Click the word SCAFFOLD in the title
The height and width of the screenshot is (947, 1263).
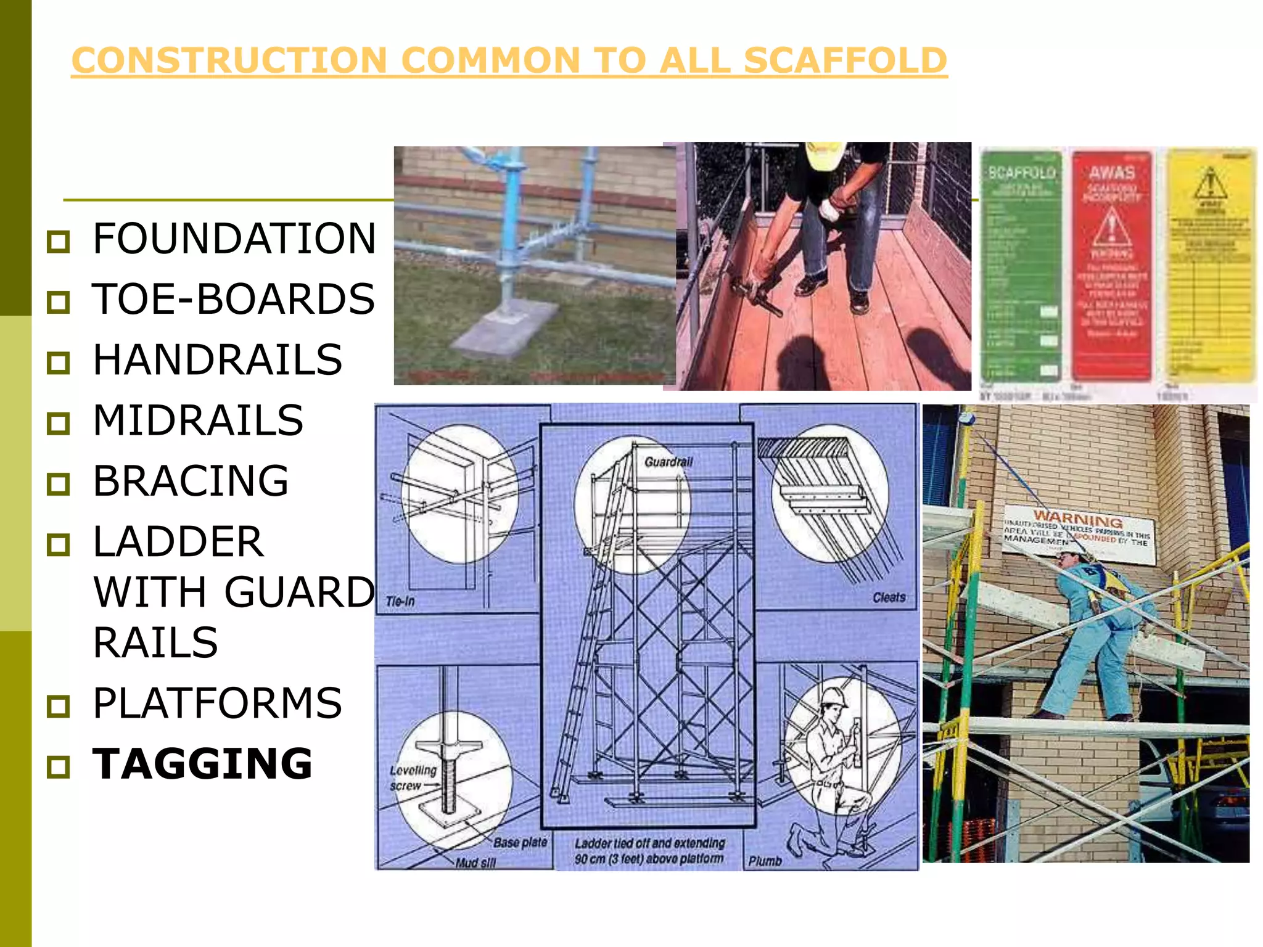(845, 60)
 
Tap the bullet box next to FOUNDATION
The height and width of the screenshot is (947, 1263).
(59, 241)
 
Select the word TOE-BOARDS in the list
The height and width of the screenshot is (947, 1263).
(233, 299)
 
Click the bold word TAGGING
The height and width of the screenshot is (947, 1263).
(202, 764)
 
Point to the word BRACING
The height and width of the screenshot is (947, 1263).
(191, 481)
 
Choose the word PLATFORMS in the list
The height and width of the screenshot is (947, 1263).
(217, 703)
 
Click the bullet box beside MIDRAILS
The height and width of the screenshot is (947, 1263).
(59, 423)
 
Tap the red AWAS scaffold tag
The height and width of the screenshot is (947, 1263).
(1112, 265)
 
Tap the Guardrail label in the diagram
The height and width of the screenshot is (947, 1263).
(669, 462)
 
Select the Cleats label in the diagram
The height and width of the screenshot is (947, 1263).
(889, 597)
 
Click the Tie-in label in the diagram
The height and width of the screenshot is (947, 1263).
(400, 601)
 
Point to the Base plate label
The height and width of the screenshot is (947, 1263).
(520, 842)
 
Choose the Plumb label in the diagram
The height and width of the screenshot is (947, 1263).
(765, 861)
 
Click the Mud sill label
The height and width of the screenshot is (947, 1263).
(475, 863)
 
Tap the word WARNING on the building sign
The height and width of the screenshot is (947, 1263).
(1077, 519)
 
